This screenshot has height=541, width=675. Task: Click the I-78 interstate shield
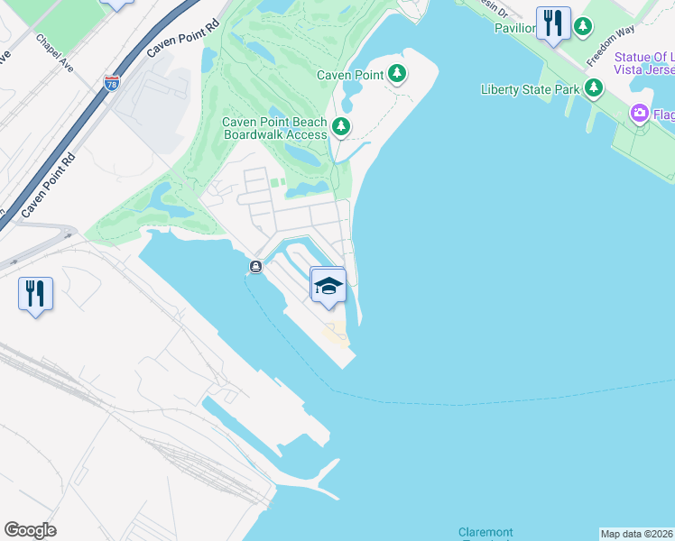112,84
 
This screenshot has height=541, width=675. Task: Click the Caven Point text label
350,75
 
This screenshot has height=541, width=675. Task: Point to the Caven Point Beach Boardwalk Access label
274,128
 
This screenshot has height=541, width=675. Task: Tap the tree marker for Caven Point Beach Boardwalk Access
340,127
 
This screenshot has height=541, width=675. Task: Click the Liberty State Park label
531,88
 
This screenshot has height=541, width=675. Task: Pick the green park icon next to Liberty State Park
593,87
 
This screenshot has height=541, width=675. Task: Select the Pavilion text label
514,27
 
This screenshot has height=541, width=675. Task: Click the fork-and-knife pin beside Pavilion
552,23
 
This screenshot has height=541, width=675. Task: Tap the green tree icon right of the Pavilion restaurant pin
584,26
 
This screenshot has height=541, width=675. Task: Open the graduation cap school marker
328,286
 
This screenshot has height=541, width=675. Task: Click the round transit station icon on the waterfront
256,267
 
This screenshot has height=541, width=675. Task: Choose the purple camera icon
640,113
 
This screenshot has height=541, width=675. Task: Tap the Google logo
31,530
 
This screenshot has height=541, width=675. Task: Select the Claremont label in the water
485,533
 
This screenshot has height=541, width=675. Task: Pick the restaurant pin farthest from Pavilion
35,294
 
